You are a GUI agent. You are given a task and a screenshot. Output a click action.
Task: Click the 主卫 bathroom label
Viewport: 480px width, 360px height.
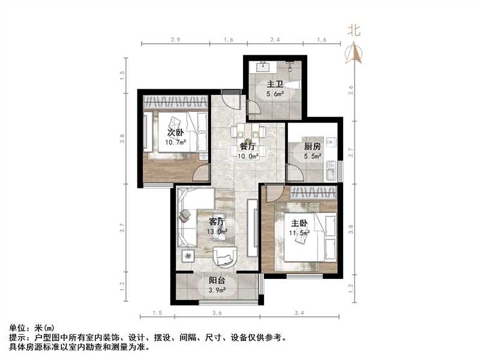click(275, 84)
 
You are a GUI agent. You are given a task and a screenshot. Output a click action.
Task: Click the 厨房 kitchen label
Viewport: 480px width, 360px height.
click(312, 146)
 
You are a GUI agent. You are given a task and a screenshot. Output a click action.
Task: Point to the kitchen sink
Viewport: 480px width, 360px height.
click(329, 175)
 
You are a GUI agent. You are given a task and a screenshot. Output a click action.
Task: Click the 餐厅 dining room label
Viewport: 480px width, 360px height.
click(249, 146)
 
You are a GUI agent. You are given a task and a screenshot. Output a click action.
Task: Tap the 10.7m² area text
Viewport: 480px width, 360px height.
click(176, 142)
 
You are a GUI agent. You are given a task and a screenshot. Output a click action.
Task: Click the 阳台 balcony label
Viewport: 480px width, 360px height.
click(217, 281)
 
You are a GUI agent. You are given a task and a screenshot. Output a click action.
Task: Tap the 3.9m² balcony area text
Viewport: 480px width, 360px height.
click(217, 291)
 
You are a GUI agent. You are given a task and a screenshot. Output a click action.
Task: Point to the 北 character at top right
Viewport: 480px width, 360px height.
click(354, 29)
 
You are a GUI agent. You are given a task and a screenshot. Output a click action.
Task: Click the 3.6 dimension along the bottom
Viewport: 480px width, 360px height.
click(217, 313)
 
